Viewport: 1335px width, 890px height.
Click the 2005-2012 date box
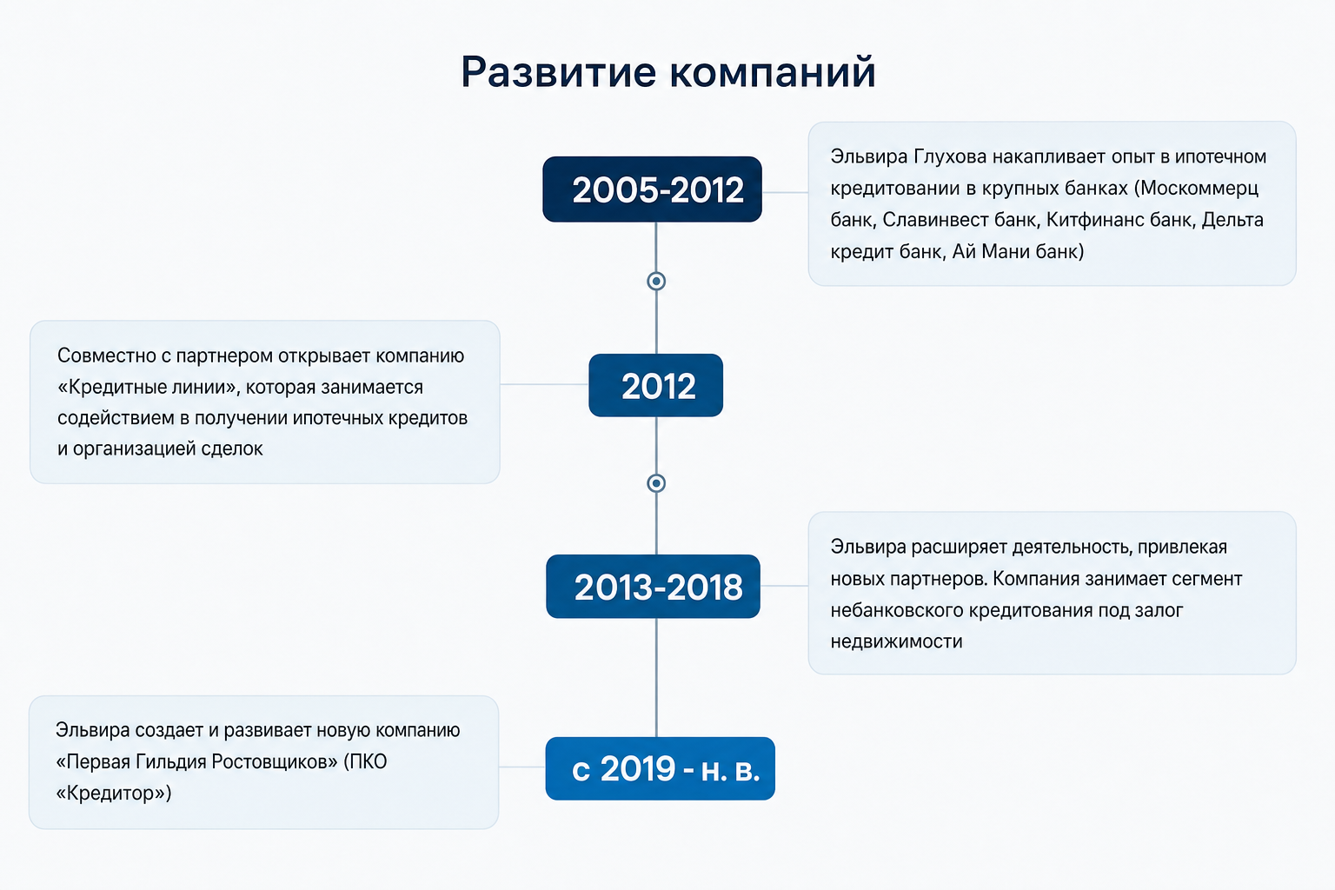[652, 189]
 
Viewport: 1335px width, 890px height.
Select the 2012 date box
[655, 385]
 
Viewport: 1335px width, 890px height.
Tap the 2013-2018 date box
[653, 586]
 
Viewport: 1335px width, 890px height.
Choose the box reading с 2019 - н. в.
[660, 768]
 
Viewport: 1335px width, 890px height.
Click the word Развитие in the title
[559, 73]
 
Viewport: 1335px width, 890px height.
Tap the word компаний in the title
[773, 73]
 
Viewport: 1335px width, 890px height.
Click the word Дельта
[1232, 220]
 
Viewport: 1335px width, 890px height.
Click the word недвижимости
[896, 642]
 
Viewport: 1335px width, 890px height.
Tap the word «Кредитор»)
[113, 794]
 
